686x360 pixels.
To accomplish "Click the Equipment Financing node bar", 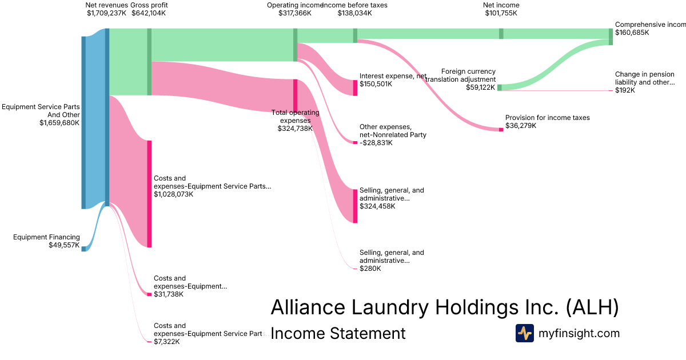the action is click(x=83, y=249).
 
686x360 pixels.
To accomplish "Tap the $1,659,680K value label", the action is click(x=59, y=122).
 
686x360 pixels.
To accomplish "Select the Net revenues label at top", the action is click(x=106, y=5).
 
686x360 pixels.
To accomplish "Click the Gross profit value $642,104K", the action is click(x=149, y=13).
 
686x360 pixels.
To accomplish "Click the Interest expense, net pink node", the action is click(x=355, y=87).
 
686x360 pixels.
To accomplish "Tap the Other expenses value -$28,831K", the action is click(x=376, y=143).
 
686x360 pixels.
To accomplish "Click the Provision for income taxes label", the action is click(x=547, y=118).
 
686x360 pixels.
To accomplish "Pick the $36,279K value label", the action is click(x=521, y=126).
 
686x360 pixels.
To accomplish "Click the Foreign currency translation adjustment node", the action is click(x=500, y=87).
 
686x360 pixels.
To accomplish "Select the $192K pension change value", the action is click(x=625, y=90).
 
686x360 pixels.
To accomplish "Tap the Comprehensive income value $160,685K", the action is click(x=632, y=33).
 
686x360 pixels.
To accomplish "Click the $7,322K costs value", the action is click(x=166, y=342).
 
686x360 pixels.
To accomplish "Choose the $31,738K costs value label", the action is click(x=169, y=294).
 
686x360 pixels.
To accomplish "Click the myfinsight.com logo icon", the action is click(x=524, y=333).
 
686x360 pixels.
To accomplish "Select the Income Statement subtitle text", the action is click(x=337, y=333).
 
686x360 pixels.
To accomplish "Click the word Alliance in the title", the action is click(x=307, y=307).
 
